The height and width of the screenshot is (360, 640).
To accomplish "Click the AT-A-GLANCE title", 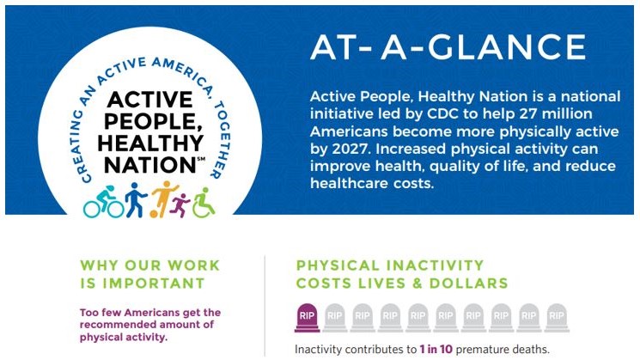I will [x=448, y=48].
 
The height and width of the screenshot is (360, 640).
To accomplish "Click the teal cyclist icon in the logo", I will [x=103, y=202].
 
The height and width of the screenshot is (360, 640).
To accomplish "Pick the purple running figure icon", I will [x=181, y=204].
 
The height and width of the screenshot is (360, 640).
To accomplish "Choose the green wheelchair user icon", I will [x=202, y=203].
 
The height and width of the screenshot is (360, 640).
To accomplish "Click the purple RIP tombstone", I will [x=308, y=318].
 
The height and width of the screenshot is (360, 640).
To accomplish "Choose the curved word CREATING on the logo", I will [x=70, y=149].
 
